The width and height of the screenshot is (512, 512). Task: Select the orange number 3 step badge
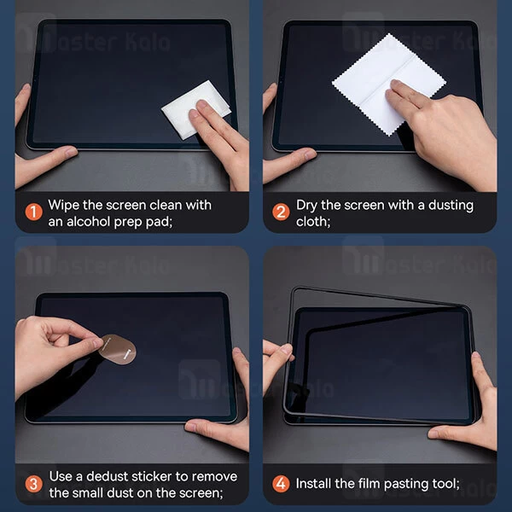[32, 483]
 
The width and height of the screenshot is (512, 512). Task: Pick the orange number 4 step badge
[281, 484]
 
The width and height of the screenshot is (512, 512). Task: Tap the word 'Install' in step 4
[317, 484]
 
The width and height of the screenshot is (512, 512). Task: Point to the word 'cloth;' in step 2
[313, 221]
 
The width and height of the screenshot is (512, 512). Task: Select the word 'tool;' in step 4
[444, 484]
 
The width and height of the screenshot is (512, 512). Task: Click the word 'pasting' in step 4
[403, 484]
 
